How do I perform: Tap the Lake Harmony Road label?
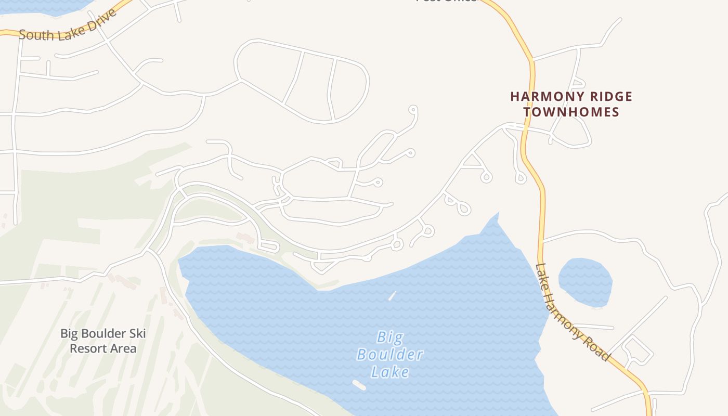(x=571, y=313)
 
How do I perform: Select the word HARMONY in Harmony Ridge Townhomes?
(x=542, y=97)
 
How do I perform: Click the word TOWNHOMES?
(x=571, y=112)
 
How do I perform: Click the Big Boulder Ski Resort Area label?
(x=103, y=341)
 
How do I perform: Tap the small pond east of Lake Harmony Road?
(x=586, y=281)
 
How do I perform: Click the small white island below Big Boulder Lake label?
(x=359, y=385)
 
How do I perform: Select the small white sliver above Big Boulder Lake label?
(x=392, y=296)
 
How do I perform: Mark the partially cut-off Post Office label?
(x=446, y=1)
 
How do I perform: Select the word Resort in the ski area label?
(x=88, y=348)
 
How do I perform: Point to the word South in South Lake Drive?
(x=36, y=34)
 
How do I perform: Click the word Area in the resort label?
(x=124, y=348)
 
